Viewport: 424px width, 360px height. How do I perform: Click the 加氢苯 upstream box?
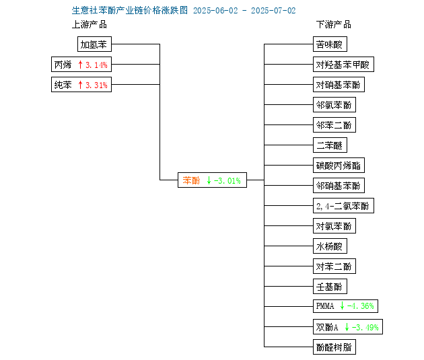pos(94,44)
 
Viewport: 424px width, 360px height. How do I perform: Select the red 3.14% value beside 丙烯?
pos(96,65)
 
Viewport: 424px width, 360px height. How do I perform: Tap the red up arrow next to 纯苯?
pos(80,85)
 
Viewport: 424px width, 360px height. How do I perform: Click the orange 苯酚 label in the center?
pos(191,180)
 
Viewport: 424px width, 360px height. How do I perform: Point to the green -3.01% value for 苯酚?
pos(227,180)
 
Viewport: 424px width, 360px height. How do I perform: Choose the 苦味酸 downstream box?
pos(330,44)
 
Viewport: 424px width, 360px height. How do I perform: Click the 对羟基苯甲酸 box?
pos(343,65)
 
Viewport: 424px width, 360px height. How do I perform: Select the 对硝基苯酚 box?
pos(339,85)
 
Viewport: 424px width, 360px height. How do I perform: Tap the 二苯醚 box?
pos(330,145)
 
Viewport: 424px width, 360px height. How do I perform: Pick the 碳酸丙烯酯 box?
pos(339,165)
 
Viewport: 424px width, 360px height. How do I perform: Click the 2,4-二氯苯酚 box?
pos(343,206)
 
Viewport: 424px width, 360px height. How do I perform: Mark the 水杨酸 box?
pos(330,246)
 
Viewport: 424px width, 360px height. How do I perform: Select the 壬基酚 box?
pos(330,286)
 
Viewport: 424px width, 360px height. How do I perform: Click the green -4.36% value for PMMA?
pos(361,306)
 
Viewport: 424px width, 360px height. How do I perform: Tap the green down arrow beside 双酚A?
pos(347,327)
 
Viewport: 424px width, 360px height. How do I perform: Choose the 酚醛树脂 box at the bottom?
pos(334,347)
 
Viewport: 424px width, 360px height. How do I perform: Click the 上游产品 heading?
pos(90,25)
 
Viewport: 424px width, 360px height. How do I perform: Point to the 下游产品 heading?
pos(334,25)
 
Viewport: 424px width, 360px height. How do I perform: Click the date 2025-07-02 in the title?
pos(273,11)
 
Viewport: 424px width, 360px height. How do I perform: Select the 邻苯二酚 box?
pos(334,125)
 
